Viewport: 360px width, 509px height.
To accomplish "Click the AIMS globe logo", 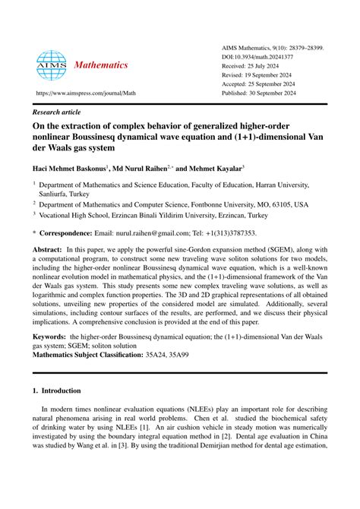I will pyautogui.click(x=51, y=65).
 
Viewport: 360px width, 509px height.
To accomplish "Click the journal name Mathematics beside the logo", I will pyautogui.click(x=100, y=65).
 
